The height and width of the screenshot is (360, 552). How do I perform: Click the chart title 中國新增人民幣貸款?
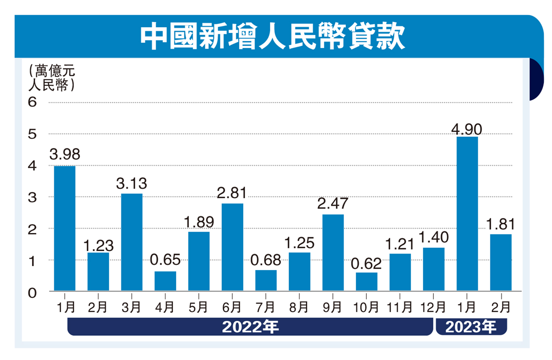272,36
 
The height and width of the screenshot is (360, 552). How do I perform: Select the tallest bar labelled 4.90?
467,213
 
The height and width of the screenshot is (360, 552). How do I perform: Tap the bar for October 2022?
367,282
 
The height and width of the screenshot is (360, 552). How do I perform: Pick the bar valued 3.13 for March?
132,242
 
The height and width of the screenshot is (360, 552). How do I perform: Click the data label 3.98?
65,154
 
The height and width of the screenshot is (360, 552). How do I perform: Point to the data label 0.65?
165,260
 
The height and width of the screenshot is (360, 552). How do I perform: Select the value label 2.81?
232,193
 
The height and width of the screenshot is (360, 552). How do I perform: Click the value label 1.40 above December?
434,237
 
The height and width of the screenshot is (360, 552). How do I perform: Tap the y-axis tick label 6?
32,102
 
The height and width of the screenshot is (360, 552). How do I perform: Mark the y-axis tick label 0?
32,293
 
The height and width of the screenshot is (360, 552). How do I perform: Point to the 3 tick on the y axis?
32,198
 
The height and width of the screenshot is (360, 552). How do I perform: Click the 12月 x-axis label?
433,307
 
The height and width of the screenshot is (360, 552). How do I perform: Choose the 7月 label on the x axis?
266,307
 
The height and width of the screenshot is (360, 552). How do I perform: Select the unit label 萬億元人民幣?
52,78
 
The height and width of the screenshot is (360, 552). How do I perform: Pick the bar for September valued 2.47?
333,253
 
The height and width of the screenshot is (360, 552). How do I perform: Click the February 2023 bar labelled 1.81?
501,262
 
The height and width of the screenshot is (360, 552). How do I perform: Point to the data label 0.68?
266,260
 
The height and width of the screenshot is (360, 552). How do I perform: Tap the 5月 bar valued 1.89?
199,261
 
